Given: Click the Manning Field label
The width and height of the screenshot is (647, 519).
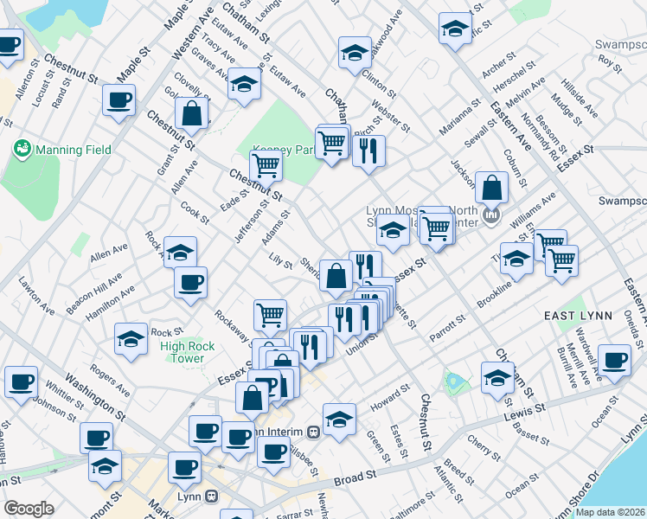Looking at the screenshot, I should coord(73,150).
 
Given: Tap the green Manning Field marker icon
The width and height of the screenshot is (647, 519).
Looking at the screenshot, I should coord(21,150).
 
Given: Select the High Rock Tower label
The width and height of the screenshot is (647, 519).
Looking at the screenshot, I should coord(182,352).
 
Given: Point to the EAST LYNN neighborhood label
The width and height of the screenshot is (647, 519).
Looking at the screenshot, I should coord(575,317).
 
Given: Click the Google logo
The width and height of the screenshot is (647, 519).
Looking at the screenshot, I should coord(29,509).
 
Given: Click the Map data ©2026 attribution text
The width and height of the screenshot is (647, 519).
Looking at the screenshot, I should coord(610,512).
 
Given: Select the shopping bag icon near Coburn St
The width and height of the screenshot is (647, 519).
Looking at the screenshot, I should coord(491,189).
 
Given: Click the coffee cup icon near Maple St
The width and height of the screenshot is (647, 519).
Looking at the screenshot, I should coord(119,99).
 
